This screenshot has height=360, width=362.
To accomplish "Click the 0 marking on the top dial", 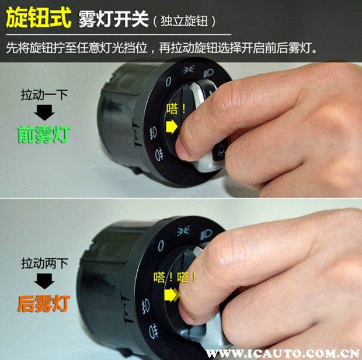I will pos(168,79).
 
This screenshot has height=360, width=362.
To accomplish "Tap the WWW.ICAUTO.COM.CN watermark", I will pos(281,353).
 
